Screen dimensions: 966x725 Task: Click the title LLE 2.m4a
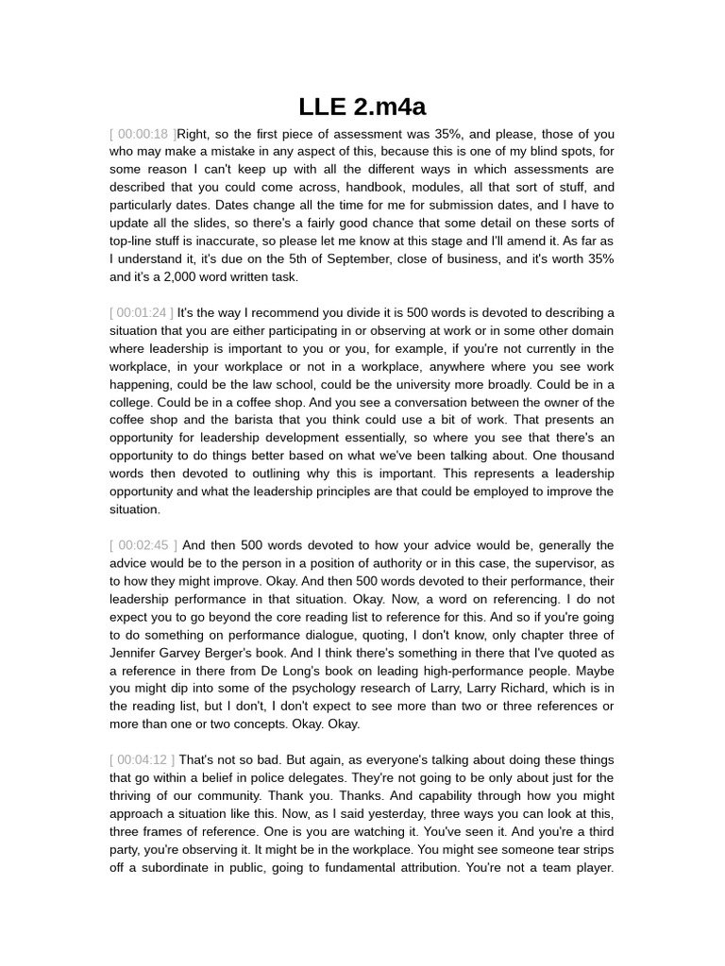pyautogui.click(x=362, y=107)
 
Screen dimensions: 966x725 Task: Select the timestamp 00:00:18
pyautogui.click(x=143, y=134)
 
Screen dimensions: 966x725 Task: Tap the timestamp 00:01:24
pyautogui.click(x=143, y=312)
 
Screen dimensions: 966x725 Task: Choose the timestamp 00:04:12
pyautogui.click(x=143, y=759)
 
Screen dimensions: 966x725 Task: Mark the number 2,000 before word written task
pyautogui.click(x=189, y=276)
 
